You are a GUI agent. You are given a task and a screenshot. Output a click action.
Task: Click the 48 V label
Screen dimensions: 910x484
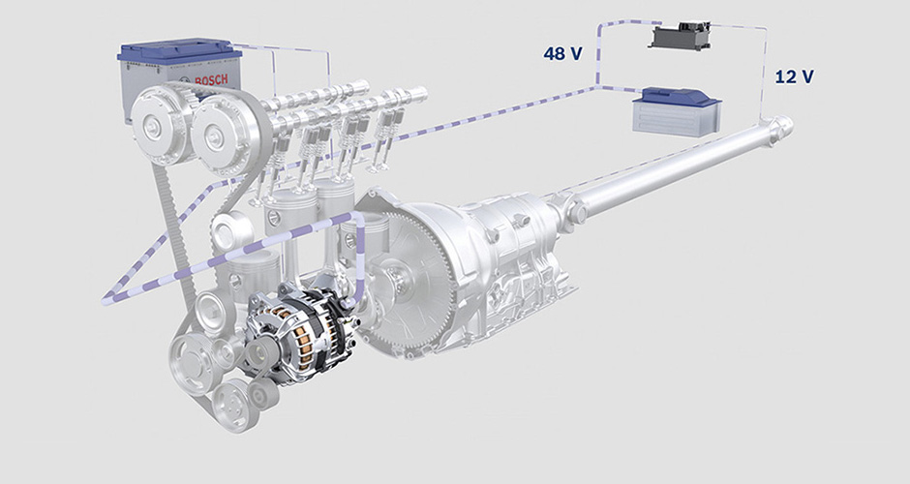562,54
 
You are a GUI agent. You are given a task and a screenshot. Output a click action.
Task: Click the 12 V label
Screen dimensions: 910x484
794,76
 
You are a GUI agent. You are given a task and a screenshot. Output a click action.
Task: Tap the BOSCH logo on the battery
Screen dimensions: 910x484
211,80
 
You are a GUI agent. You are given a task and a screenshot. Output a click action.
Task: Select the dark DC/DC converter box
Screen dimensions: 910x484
680,36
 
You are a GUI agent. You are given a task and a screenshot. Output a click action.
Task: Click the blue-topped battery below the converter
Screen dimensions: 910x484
676,112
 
